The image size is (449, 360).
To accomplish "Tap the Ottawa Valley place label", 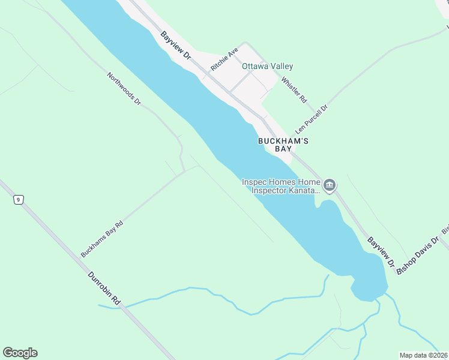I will click(267, 67).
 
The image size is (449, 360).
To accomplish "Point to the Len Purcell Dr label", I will click(312, 120).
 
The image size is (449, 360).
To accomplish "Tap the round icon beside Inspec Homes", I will click(329, 186).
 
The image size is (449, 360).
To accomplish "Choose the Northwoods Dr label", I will click(124, 89).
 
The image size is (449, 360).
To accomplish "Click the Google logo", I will click(20, 353).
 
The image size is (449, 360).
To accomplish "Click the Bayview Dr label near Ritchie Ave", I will click(176, 46).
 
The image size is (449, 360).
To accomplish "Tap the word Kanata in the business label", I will click(302, 190).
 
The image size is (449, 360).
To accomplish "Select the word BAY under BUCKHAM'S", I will click(283, 149).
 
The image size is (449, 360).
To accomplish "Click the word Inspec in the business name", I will click(253, 182).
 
